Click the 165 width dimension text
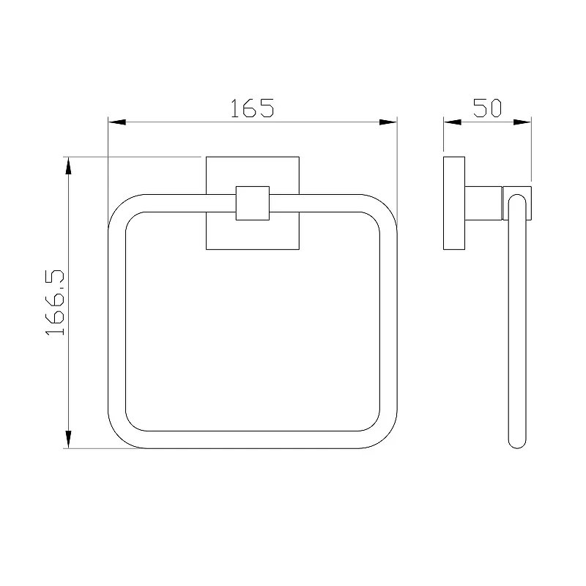coord(252,108)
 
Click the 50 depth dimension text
coord(487,108)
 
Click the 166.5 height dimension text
coord(54,303)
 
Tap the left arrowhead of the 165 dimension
coord(117,122)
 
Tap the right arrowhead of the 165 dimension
coord(388,122)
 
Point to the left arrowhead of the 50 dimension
coord(452,122)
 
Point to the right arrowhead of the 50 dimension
coord(522,122)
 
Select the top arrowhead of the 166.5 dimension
coord(68,166)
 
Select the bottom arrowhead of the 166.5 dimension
coord(68,439)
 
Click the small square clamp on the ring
coord(253,204)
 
